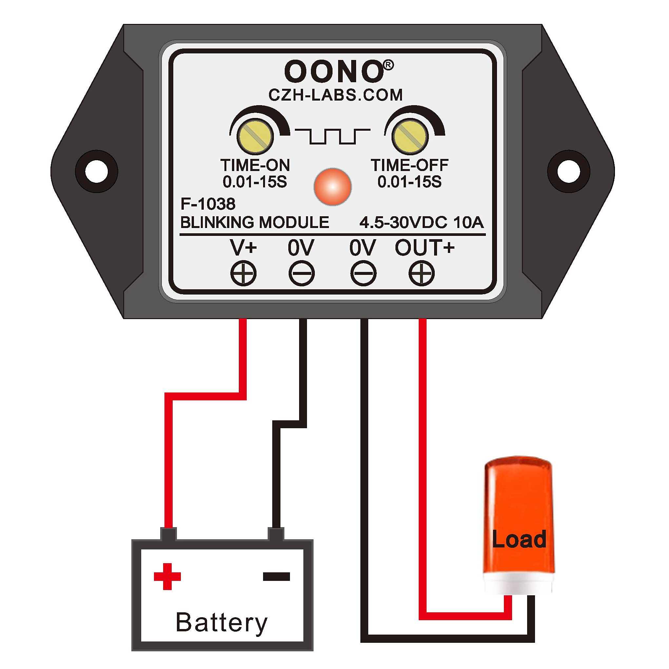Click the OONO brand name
click(334, 72)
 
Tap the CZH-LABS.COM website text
click(335, 95)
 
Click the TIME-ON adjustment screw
click(255, 136)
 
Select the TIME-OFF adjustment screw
click(410, 136)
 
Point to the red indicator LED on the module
click(333, 187)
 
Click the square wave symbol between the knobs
click(333, 136)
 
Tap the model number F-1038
click(208, 204)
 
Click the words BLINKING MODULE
click(255, 222)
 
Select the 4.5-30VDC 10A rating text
click(421, 222)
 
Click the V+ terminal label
click(243, 248)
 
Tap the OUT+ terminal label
click(425, 248)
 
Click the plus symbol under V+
click(243, 273)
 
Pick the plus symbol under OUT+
click(421, 273)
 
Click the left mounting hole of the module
click(97, 171)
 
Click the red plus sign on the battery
click(167, 577)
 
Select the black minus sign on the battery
click(276, 576)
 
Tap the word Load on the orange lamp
click(519, 540)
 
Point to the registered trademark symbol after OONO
click(389, 65)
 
